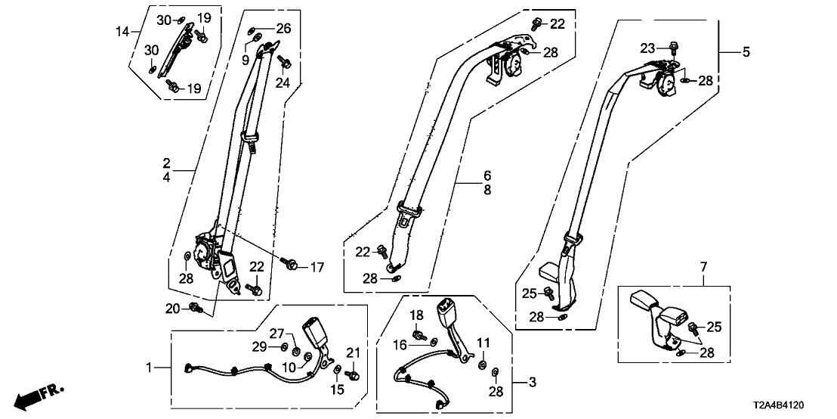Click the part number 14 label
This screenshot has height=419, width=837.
click(x=122, y=31)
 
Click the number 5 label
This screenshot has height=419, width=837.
click(x=746, y=52)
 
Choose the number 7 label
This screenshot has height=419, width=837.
click(x=703, y=266)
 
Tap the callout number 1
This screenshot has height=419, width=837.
click(x=150, y=368)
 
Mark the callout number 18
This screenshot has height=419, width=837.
click(x=415, y=315)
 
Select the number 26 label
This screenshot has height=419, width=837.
click(x=283, y=29)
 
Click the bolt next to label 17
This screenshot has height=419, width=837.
click(x=291, y=264)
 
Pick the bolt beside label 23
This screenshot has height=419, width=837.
click(x=672, y=48)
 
